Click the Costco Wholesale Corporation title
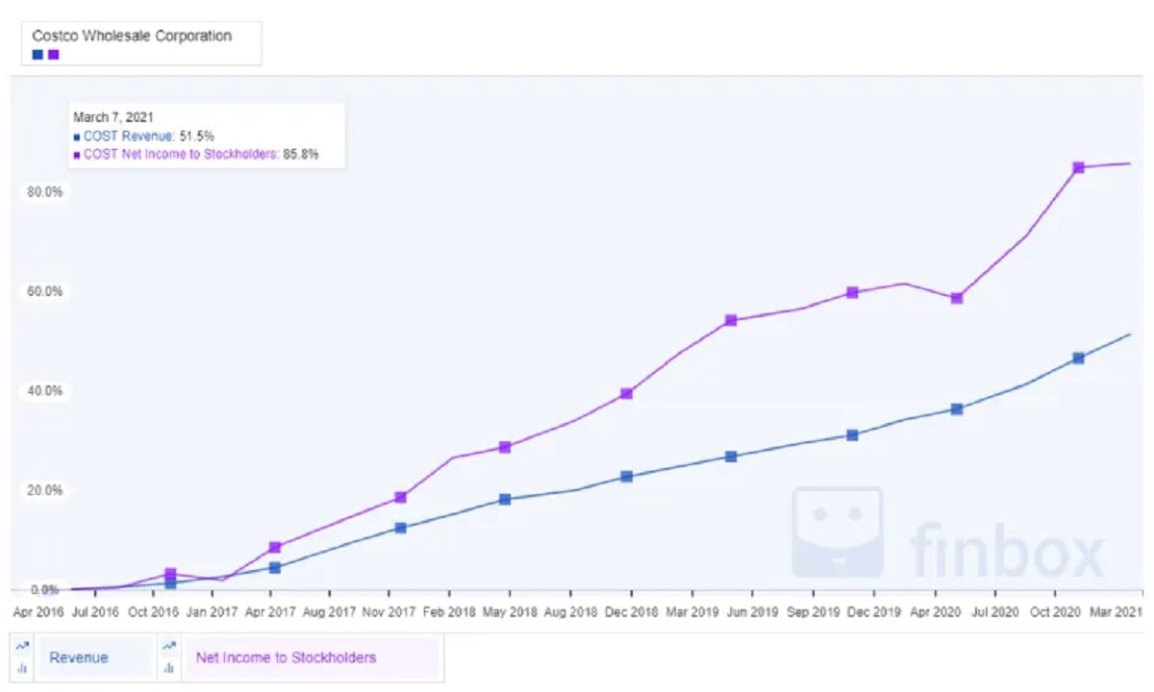tap(133, 36)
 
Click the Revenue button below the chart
tap(79, 658)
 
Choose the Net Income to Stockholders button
tap(286, 658)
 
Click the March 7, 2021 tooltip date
tap(114, 118)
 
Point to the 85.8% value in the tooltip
tap(300, 154)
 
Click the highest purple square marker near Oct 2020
tap(1078, 168)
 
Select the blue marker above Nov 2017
tap(400, 528)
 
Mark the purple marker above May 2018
tap(505, 447)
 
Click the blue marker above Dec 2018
tap(626, 476)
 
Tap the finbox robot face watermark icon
tap(837, 531)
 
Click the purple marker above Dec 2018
tap(626, 393)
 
